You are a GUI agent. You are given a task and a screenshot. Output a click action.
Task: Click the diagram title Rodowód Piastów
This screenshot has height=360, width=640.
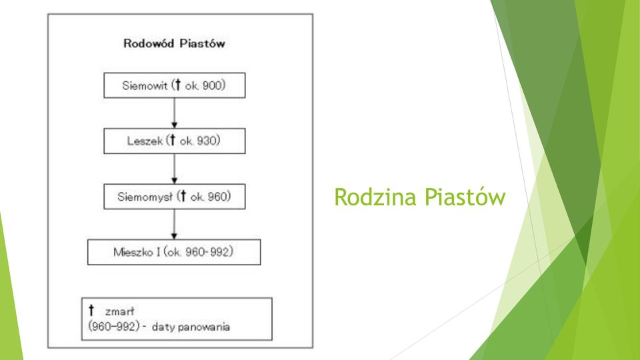174,43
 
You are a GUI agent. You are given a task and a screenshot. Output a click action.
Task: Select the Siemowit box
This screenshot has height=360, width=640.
174,85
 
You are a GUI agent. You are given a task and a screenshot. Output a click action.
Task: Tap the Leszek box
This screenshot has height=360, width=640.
174,141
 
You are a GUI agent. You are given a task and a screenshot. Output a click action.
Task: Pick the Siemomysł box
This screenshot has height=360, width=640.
174,196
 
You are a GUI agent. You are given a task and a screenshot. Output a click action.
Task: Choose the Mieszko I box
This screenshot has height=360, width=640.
174,252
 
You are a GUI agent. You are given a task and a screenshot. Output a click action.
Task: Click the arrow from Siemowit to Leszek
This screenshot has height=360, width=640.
174,113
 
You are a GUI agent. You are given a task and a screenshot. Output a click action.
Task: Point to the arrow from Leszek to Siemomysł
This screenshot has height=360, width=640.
174,169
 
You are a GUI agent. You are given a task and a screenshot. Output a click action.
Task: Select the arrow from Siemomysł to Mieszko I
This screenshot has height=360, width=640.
174,224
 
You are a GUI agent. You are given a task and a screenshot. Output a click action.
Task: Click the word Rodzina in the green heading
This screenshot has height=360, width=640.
375,197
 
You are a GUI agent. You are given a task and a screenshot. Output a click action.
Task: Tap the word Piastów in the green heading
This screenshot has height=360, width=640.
465,197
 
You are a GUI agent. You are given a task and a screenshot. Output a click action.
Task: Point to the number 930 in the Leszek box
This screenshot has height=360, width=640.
207,141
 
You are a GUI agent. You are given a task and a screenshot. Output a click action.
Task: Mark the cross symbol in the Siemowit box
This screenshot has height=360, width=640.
177,85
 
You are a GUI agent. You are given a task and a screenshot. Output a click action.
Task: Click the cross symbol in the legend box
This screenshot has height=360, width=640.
91,310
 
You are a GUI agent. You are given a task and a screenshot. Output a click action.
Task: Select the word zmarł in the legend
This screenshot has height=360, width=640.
119,312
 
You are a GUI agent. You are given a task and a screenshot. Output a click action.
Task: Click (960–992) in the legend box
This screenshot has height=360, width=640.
114,327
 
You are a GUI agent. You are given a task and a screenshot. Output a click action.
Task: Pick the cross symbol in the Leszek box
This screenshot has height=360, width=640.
172,141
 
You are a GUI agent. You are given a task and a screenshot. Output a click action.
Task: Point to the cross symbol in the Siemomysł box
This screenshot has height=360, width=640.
183,196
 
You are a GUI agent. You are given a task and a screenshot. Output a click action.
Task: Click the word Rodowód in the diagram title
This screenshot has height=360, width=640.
149,43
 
